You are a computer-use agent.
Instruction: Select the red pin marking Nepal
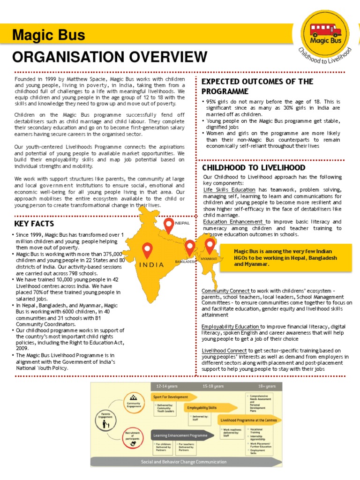[168, 225]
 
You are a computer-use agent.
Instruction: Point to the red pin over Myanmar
[209, 246]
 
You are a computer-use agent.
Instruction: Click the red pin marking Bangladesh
[189, 248]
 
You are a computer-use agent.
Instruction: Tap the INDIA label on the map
[151, 265]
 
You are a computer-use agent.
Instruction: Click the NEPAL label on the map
[182, 223]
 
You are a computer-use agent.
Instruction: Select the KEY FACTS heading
[34, 223]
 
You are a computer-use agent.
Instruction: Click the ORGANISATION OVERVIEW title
[110, 57]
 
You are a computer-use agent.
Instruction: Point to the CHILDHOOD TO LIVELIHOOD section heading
[254, 167]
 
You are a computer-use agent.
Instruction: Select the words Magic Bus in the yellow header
[49, 35]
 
